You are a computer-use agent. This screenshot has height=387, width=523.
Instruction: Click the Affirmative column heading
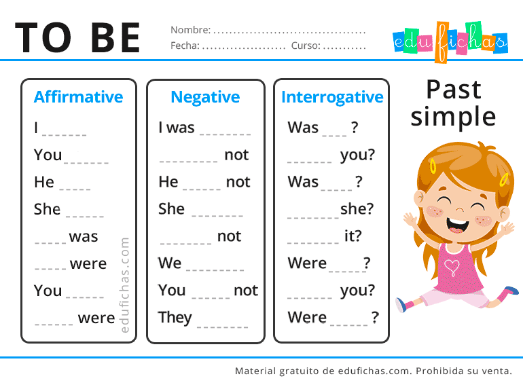click(78, 97)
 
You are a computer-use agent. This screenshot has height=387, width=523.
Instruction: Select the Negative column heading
click(205, 98)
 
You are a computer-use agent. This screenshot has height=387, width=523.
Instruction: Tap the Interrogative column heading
click(332, 98)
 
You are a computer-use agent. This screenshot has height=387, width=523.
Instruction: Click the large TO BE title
click(77, 37)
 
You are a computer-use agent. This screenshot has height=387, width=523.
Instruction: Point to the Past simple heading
click(454, 103)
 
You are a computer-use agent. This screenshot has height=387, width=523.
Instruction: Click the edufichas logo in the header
click(450, 41)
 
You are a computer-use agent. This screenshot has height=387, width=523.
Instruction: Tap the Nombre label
click(190, 30)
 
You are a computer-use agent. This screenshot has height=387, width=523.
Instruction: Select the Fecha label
click(185, 45)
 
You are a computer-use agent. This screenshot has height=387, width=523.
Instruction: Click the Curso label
click(306, 45)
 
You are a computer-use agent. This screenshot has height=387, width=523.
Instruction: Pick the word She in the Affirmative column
click(47, 209)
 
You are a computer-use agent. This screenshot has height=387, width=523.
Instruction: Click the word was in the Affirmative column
click(84, 237)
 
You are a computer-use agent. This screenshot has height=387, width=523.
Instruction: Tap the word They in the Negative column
click(175, 318)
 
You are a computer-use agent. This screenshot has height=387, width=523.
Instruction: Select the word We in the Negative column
click(170, 263)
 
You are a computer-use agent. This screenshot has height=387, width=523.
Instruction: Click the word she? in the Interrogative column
click(357, 209)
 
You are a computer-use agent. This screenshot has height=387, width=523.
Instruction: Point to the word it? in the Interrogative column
click(353, 236)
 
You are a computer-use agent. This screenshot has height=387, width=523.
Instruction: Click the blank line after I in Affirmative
click(65, 135)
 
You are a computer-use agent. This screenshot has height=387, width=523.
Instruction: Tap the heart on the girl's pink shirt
click(452, 268)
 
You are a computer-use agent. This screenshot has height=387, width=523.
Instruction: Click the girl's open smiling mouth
click(457, 225)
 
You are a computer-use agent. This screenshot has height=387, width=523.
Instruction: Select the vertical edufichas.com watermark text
click(124, 285)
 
